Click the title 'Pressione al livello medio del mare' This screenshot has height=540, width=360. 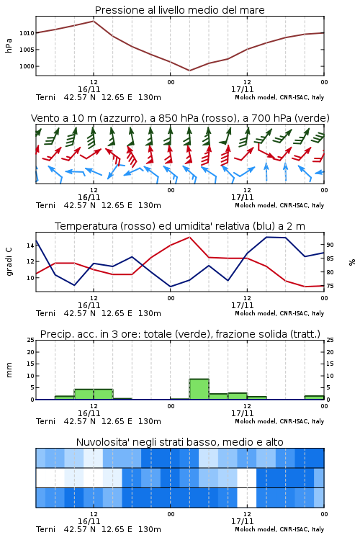(x=179, y=10)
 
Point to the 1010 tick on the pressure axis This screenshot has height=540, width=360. (x=27, y=33)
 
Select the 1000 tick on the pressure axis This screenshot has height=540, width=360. (x=27, y=66)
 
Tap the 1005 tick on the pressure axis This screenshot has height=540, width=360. (x=27, y=50)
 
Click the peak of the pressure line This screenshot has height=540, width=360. (x=94, y=21)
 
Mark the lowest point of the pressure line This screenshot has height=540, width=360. (x=189, y=71)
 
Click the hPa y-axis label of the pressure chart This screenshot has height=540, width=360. (x=9, y=45)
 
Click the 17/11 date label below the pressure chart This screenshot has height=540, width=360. (x=242, y=89)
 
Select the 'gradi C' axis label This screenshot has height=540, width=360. (x=9, y=261)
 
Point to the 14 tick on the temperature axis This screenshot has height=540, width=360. (x=30, y=246)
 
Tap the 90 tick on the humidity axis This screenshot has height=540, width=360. (x=330, y=245)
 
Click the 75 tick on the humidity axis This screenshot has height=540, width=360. (x=330, y=286)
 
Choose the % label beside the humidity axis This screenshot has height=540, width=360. (x=352, y=262)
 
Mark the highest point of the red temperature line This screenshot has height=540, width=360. (x=189, y=237)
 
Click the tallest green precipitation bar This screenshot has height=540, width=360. (x=199, y=389)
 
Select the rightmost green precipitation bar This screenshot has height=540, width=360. (x=314, y=397)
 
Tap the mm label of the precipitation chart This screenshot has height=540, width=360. (x=9, y=369)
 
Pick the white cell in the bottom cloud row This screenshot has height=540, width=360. (x=247, y=498)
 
